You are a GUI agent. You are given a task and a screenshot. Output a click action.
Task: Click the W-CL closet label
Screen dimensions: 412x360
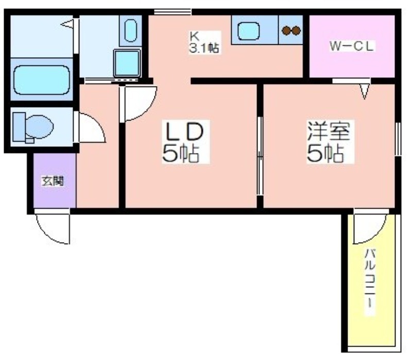(x=352, y=46)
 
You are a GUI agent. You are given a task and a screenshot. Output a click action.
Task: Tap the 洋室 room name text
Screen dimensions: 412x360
(x=329, y=131)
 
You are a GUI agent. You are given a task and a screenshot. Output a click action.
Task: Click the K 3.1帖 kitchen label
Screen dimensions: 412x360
(x=204, y=43)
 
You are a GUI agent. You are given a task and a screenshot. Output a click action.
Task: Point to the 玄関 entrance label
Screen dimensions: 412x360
(x=53, y=181)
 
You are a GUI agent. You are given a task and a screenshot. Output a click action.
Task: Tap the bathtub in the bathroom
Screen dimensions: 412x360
(x=42, y=80)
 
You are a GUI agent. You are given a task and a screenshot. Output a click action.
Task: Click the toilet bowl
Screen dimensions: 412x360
(x=39, y=127)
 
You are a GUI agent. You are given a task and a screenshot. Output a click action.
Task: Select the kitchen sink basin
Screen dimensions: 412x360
(x=249, y=31)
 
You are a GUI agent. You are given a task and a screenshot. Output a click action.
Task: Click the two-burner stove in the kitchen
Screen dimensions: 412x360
(x=291, y=30)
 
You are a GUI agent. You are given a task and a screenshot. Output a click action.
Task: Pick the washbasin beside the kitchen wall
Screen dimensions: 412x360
(x=130, y=30)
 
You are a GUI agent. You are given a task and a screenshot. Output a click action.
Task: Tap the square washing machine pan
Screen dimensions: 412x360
(x=127, y=62)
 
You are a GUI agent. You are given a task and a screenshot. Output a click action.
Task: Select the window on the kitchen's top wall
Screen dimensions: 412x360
(x=173, y=11)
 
